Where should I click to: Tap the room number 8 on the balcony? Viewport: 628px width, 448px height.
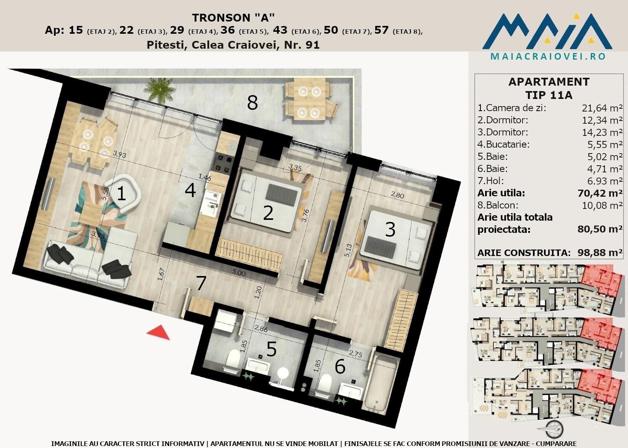(x=252, y=102)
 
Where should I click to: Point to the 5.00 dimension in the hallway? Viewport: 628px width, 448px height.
(x=239, y=272)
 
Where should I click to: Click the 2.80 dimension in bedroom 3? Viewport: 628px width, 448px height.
(x=397, y=194)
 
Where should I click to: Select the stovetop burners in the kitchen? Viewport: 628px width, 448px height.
(x=224, y=164)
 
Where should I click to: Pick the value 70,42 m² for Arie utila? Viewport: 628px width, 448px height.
(x=600, y=193)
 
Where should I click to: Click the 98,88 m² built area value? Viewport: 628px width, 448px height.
(x=600, y=253)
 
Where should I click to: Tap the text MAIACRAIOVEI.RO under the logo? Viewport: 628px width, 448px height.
(x=548, y=57)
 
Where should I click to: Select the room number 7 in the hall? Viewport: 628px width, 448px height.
(x=201, y=283)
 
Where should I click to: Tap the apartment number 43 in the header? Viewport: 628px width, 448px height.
(x=280, y=30)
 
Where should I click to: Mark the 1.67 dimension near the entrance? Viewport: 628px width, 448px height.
(x=161, y=274)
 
